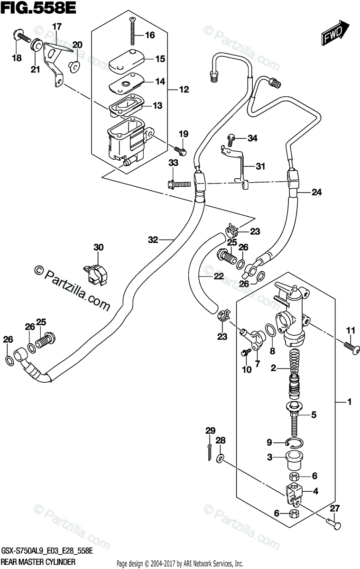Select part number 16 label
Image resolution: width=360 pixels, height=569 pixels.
149,35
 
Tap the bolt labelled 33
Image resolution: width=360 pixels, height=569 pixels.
176,183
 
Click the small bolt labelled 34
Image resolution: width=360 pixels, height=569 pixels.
232,138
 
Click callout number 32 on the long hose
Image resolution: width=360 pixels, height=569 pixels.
152,240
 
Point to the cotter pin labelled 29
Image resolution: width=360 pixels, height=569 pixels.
211,453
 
